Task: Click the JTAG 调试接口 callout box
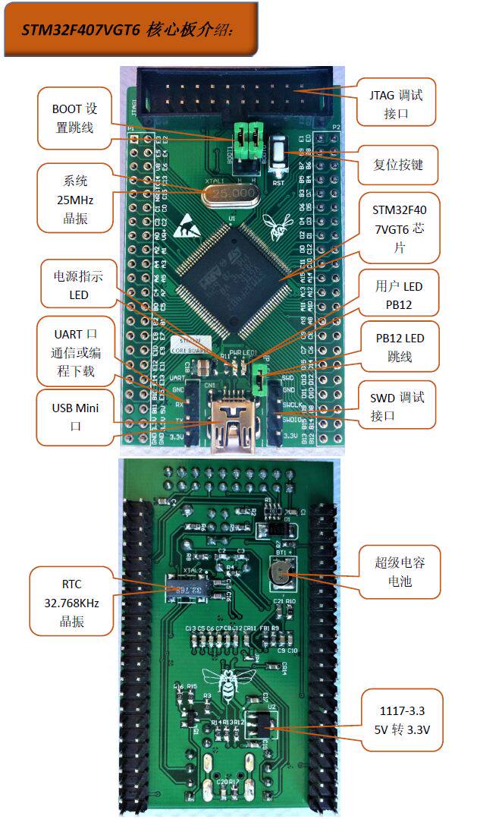[397, 102]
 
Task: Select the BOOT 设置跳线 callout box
[74, 118]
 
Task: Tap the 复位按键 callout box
[397, 165]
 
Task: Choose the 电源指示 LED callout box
[78, 284]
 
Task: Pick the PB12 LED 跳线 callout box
[399, 347]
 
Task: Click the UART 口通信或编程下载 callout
[74, 351]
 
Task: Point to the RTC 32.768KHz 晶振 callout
[71, 603]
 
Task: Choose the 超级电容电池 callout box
[400, 572]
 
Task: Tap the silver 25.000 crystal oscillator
[232, 194]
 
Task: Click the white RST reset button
[278, 156]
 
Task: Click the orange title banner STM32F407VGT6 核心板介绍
[130, 30]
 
